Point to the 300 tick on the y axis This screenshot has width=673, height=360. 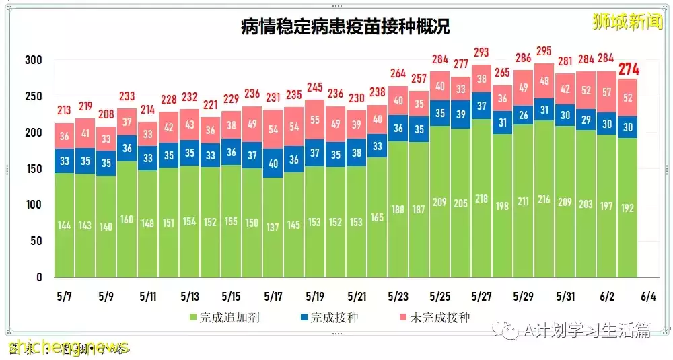tap(34, 60)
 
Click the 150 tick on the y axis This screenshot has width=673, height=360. tap(34, 168)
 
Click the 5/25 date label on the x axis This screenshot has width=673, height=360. tap(439, 297)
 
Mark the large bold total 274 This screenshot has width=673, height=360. tap(629, 69)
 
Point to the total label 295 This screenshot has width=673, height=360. tap(544, 52)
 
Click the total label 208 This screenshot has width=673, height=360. tap(106, 114)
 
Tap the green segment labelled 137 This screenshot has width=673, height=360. tap(273, 227)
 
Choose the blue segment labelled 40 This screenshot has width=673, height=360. tap(273, 163)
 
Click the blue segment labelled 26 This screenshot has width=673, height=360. tap(524, 115)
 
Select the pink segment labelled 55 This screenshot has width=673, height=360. tap(314, 119)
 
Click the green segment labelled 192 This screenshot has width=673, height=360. tap(628, 207)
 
